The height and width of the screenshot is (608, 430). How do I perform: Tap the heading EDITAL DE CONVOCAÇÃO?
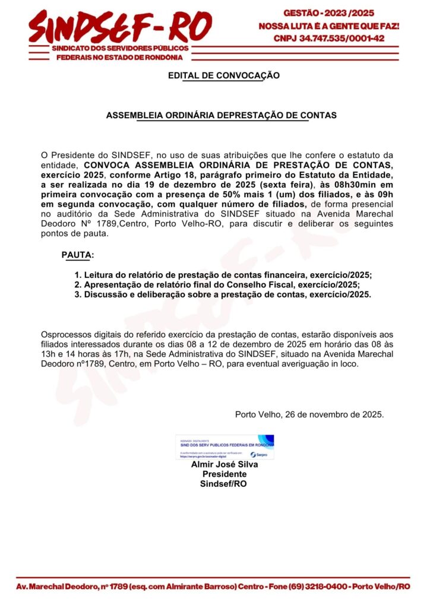(x=223, y=75)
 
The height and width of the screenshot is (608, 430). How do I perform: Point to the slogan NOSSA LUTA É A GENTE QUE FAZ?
(x=328, y=26)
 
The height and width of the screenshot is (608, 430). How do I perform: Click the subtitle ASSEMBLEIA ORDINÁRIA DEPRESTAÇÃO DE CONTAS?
(x=222, y=115)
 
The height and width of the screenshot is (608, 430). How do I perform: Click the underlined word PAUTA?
(x=77, y=255)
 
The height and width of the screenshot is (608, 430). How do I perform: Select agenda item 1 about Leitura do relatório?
(x=227, y=275)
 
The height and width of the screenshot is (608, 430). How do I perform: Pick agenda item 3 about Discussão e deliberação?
(x=227, y=294)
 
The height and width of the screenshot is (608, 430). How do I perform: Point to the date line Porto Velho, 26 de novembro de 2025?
(x=309, y=414)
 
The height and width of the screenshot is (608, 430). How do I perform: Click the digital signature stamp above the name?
(x=225, y=447)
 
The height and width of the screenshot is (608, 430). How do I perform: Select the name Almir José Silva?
(x=225, y=465)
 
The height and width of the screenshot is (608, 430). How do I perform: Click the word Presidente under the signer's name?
(x=225, y=474)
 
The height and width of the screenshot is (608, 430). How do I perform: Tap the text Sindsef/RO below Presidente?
(x=225, y=484)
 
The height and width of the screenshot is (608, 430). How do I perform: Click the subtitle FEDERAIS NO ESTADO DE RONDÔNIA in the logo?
(x=119, y=57)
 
